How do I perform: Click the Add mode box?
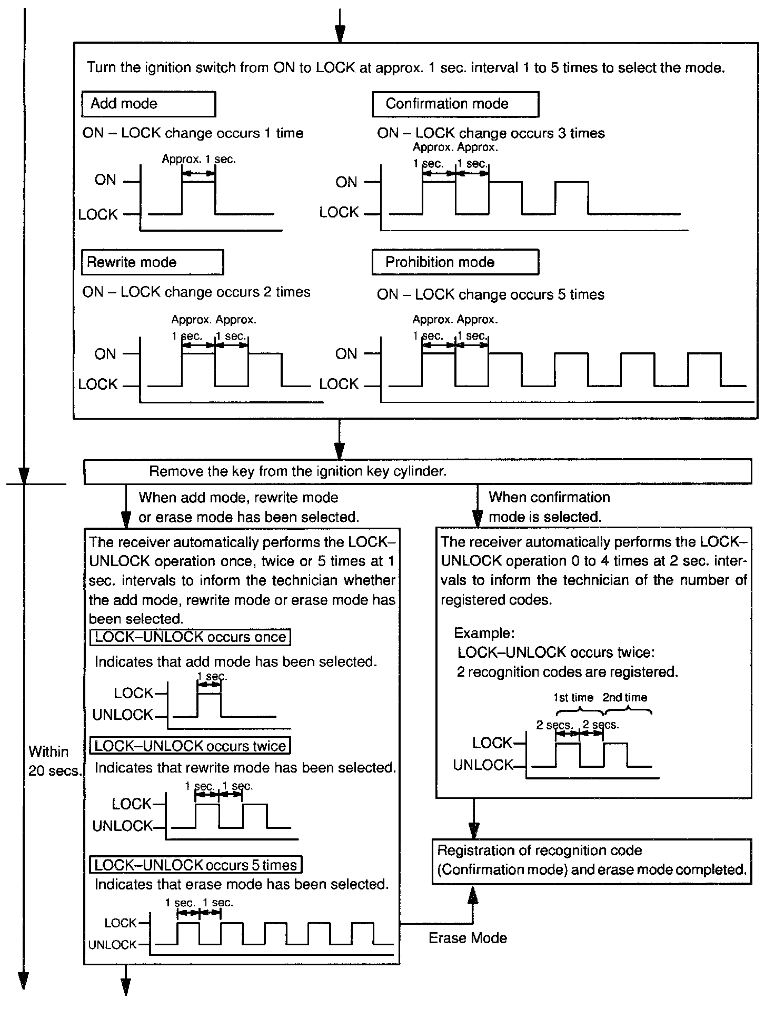(148, 104)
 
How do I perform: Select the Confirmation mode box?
(455, 104)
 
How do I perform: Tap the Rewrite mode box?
(152, 262)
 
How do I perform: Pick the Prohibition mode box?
(455, 262)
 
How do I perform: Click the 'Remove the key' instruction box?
(418, 471)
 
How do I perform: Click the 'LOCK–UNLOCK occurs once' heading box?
(191, 637)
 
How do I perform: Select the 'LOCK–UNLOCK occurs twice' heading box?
(191, 746)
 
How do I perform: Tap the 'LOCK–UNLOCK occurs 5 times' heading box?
(196, 865)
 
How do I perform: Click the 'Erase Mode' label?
(468, 938)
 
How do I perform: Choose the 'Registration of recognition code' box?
(592, 860)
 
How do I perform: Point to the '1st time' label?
(573, 698)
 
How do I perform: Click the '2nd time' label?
(624, 698)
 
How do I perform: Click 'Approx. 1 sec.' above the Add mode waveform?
(198, 159)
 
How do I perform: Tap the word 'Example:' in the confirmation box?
(484, 632)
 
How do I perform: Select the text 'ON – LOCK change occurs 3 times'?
(491, 133)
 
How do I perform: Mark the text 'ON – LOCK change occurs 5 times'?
(491, 294)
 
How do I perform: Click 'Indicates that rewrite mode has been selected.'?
(245, 768)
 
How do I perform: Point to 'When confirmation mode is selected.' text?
(549, 507)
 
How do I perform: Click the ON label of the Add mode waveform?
(105, 180)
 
